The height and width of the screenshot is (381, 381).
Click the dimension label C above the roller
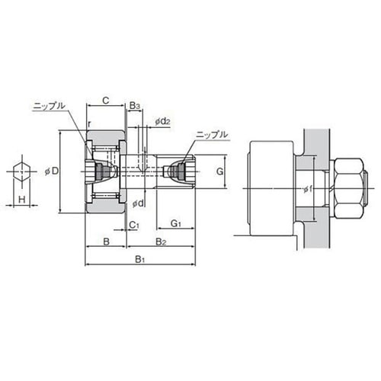point(106,101)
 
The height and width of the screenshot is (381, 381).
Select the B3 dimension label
point(135,106)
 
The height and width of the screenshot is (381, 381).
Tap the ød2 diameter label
point(163,122)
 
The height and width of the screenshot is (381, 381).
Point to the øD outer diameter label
point(52,171)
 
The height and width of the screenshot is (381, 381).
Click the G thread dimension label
point(219,171)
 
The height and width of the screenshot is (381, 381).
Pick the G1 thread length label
point(176,223)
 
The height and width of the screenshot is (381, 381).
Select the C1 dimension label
point(134,225)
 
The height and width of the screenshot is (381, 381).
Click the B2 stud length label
point(161,242)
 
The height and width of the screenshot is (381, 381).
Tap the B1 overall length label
point(140,260)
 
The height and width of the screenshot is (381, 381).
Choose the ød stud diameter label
point(138,203)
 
